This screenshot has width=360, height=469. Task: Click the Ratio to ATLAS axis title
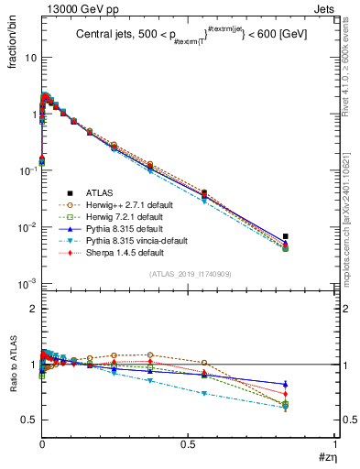pos(12,366)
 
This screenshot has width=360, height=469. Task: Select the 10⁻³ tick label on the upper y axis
pos(25,283)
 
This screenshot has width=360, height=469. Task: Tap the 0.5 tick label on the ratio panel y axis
pos(27,420)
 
